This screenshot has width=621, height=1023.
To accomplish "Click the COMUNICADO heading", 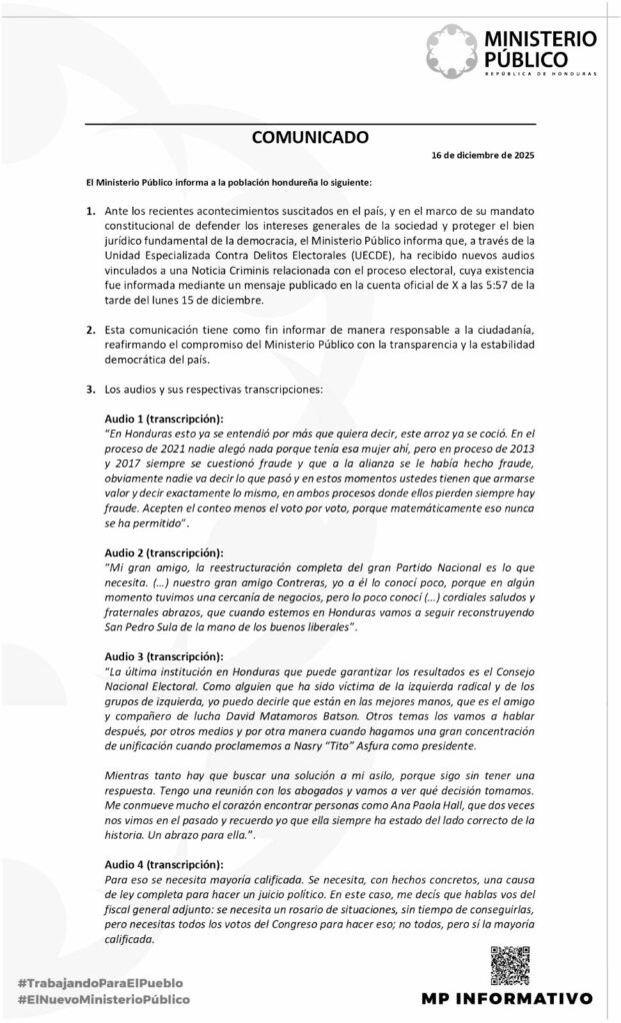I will [x=309, y=137].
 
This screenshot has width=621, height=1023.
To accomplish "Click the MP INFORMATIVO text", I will [x=507, y=998].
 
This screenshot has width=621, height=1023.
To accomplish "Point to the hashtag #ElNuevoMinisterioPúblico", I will [x=104, y=998].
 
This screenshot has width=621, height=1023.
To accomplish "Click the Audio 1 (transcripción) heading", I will [x=164, y=418].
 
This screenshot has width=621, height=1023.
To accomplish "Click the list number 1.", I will [x=90, y=212].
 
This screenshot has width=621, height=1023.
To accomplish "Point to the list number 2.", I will [x=90, y=330].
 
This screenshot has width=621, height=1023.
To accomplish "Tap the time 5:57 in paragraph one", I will [x=478, y=285].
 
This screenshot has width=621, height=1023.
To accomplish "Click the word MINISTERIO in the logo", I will [x=540, y=39].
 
